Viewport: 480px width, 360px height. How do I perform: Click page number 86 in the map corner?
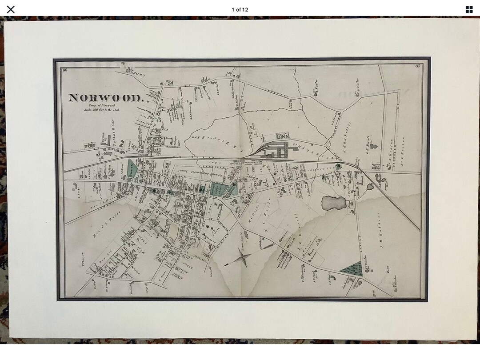click(x=65, y=69)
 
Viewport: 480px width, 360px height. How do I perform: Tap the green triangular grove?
click(x=352, y=268)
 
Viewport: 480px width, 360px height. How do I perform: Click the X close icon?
click(x=11, y=9)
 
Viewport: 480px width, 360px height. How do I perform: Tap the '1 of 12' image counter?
click(x=240, y=9)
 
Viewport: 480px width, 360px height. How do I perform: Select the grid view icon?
click(x=469, y=9)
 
